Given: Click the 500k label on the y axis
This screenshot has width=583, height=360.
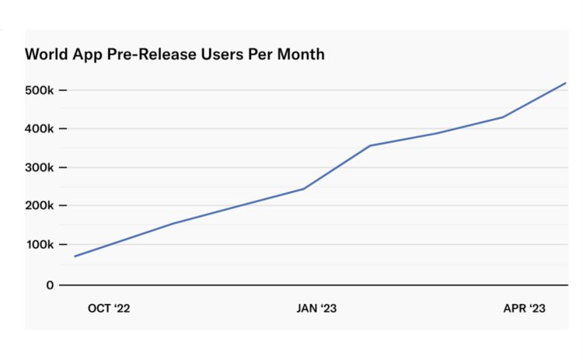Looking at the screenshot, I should click(39, 90).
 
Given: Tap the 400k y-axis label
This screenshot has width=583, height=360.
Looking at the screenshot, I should click(39, 128).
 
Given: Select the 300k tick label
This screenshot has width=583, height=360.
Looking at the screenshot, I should click(39, 167).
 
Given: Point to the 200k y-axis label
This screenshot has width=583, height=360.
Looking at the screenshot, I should click(39, 206).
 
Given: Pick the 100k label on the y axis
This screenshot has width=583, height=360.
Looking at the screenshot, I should click(39, 245).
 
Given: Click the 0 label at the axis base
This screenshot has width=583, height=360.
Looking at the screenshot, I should click(49, 285).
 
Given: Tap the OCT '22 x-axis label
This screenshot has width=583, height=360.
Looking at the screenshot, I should click(109, 309).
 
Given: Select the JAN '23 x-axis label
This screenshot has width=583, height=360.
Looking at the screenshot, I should click(316, 309).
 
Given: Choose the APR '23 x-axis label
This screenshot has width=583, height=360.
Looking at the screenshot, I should click(524, 309).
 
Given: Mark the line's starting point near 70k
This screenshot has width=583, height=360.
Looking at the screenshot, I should click(75, 257).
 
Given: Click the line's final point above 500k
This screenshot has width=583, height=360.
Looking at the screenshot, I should click(566, 82).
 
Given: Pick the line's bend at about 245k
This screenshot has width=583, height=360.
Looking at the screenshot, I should click(304, 189).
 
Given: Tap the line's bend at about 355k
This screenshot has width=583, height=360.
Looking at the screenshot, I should click(369, 145).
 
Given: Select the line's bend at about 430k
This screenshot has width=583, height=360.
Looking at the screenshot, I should click(503, 117).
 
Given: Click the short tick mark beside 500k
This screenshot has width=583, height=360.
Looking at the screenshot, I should click(62, 90).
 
